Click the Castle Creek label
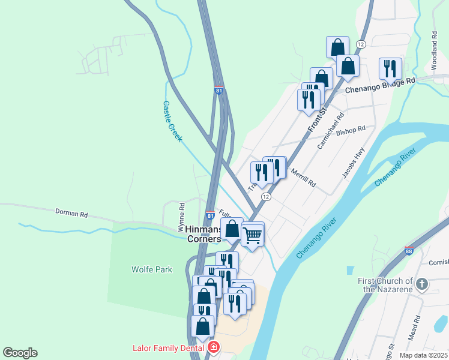pyautogui.click(x=172, y=121)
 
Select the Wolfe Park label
pyautogui.click(x=152, y=269)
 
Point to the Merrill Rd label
pyautogui.click(x=303, y=178)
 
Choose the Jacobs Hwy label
pyautogui.click(x=354, y=163)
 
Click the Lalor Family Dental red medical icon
pyautogui.click(x=214, y=347)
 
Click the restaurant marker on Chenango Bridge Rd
pyautogui.click(x=391, y=68)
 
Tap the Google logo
pyautogui.click(x=20, y=353)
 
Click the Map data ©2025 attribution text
pyautogui.click(x=423, y=355)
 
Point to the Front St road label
pyautogui.click(x=316, y=119)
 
